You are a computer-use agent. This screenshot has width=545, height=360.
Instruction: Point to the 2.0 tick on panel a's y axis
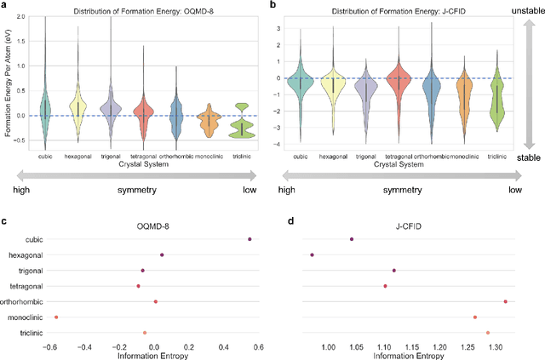coord(24,16)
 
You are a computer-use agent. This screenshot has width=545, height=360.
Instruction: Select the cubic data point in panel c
coord(250,239)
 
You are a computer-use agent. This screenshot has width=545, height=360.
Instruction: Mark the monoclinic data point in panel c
coord(56,317)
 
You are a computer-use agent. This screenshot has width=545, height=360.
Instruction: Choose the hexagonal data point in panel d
coord(313,254)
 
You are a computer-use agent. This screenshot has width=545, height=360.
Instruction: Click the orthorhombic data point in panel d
coord(505,301)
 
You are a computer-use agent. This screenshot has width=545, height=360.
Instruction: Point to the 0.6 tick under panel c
coord(258,347)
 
